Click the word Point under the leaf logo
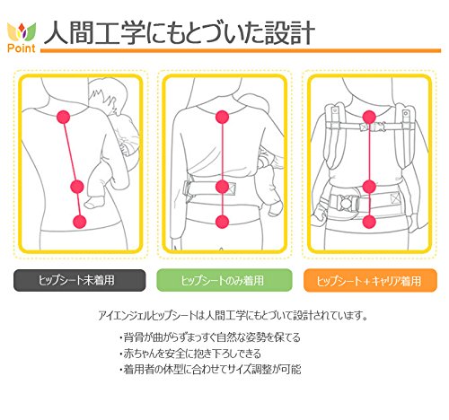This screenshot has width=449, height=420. coord(22,48)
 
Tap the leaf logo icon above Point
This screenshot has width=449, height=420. coord(22,32)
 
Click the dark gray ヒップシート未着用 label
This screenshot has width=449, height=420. coord(80,280)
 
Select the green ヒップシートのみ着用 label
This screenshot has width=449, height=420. coord(224,280)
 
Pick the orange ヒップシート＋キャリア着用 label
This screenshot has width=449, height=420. coord(370,280)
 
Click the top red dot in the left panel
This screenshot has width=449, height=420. coord(64,117)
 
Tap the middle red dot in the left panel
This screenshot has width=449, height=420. coord(77,187)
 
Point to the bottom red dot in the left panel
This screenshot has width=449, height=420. coord(80,222)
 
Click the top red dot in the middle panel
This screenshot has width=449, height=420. coord(222,117)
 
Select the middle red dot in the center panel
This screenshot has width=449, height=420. coord(222,187)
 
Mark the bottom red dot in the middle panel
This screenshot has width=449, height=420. coord(222,222)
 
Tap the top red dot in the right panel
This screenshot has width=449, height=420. coord(369,117)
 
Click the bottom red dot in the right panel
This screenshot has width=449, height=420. coord(369,222)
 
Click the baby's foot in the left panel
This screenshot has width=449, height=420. coord(93,203)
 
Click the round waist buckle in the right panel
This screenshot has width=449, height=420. coord(347,203)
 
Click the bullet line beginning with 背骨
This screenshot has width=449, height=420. coord(209,337)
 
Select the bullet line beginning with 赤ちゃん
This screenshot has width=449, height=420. coord(190,354)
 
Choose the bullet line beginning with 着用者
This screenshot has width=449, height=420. coord(209,370)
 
